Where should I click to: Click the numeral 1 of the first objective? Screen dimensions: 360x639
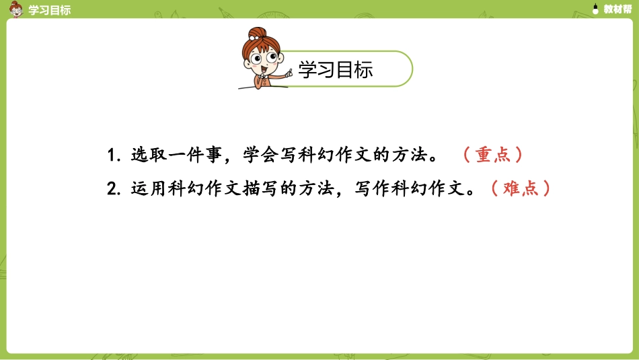[111, 155]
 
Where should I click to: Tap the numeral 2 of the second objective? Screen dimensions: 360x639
[112, 188]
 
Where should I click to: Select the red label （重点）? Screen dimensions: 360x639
[493, 155]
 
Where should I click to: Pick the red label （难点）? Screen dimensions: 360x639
[521, 188]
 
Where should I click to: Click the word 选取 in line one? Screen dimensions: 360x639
[147, 155]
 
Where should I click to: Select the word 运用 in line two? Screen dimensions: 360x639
[147, 188]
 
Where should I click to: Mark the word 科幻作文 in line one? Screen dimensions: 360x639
[326, 155]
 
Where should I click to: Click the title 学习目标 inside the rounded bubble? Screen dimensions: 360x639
[335, 70]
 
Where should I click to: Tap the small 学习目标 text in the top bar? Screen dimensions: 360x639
[50, 9]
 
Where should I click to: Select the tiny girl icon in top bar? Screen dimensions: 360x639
[16, 8]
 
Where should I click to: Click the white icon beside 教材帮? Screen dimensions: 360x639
[595, 9]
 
